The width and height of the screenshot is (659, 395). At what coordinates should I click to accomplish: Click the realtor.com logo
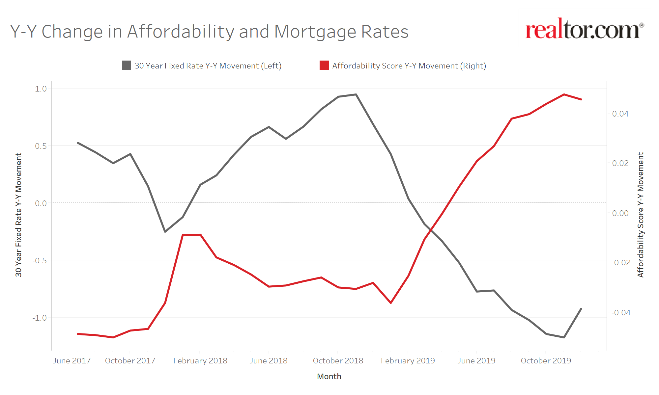pos(584,30)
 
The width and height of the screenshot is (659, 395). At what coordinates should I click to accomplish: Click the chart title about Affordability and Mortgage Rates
pos(209,32)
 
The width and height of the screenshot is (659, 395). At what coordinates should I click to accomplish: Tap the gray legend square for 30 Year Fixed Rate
pos(127,65)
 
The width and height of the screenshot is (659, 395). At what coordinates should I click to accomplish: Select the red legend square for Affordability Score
pos(324,65)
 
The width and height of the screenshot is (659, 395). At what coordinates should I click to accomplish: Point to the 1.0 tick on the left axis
pos(41,89)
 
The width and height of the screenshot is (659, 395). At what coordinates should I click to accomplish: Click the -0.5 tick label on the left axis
pos(40,260)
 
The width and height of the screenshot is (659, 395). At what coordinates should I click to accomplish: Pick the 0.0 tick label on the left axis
pos(41,203)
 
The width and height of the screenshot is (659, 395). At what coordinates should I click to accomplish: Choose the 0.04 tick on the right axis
pos(620,114)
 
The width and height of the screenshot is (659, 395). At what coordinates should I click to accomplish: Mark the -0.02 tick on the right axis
pos(621,263)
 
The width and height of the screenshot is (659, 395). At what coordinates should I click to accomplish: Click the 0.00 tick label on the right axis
pos(620,213)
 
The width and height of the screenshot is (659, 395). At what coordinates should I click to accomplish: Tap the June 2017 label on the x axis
pos(72,361)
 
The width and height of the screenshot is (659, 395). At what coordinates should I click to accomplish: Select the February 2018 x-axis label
pos(200,361)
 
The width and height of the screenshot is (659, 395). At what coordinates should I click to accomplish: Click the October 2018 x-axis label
pos(338,361)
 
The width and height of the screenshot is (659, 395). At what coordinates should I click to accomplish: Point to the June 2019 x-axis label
pos(476,361)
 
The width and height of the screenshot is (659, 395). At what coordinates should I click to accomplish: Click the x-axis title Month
pos(329,377)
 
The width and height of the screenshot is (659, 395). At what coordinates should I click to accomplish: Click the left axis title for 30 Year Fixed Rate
pos(18,215)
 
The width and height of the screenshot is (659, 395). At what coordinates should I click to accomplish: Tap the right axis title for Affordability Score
pos(640,215)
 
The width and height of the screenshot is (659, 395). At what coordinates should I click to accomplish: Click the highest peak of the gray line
pos(356,94)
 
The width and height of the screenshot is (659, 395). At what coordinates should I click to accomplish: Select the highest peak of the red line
pos(564,94)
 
